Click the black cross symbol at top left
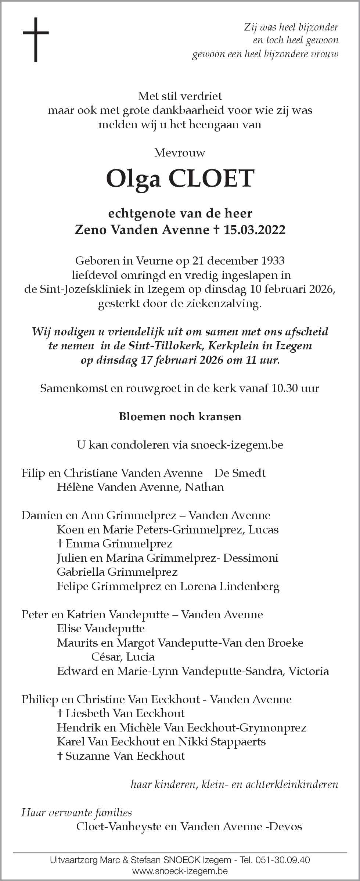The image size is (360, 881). tap(36, 39)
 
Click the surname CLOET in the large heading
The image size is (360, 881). tap(211, 179)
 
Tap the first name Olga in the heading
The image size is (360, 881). tap(134, 179)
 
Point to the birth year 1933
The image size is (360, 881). tap(273, 261)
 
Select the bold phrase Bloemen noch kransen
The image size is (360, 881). tap(180, 416)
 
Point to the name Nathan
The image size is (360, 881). tap(204, 487)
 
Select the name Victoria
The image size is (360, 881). tap(309, 671)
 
